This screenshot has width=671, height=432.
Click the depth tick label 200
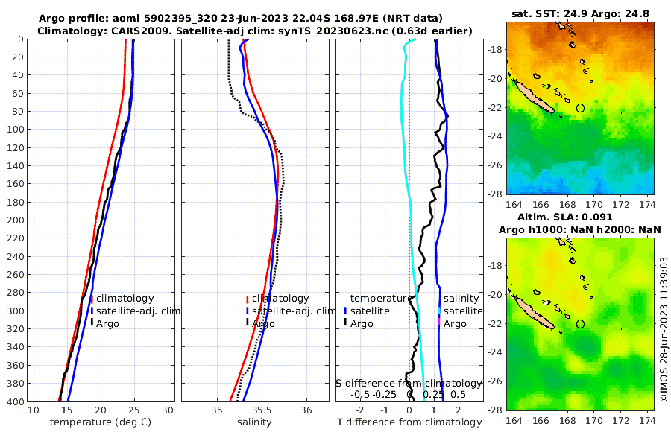click(15, 220)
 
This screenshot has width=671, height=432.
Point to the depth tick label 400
click(15, 402)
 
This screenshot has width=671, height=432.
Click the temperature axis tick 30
click(168, 410)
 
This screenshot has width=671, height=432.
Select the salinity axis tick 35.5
click(261, 410)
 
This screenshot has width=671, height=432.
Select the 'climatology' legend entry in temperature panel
click(125, 299)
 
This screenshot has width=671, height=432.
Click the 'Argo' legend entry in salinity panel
click(263, 324)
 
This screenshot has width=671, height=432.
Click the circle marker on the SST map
click(580, 108)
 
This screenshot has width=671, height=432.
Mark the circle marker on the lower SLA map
click(580, 324)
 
